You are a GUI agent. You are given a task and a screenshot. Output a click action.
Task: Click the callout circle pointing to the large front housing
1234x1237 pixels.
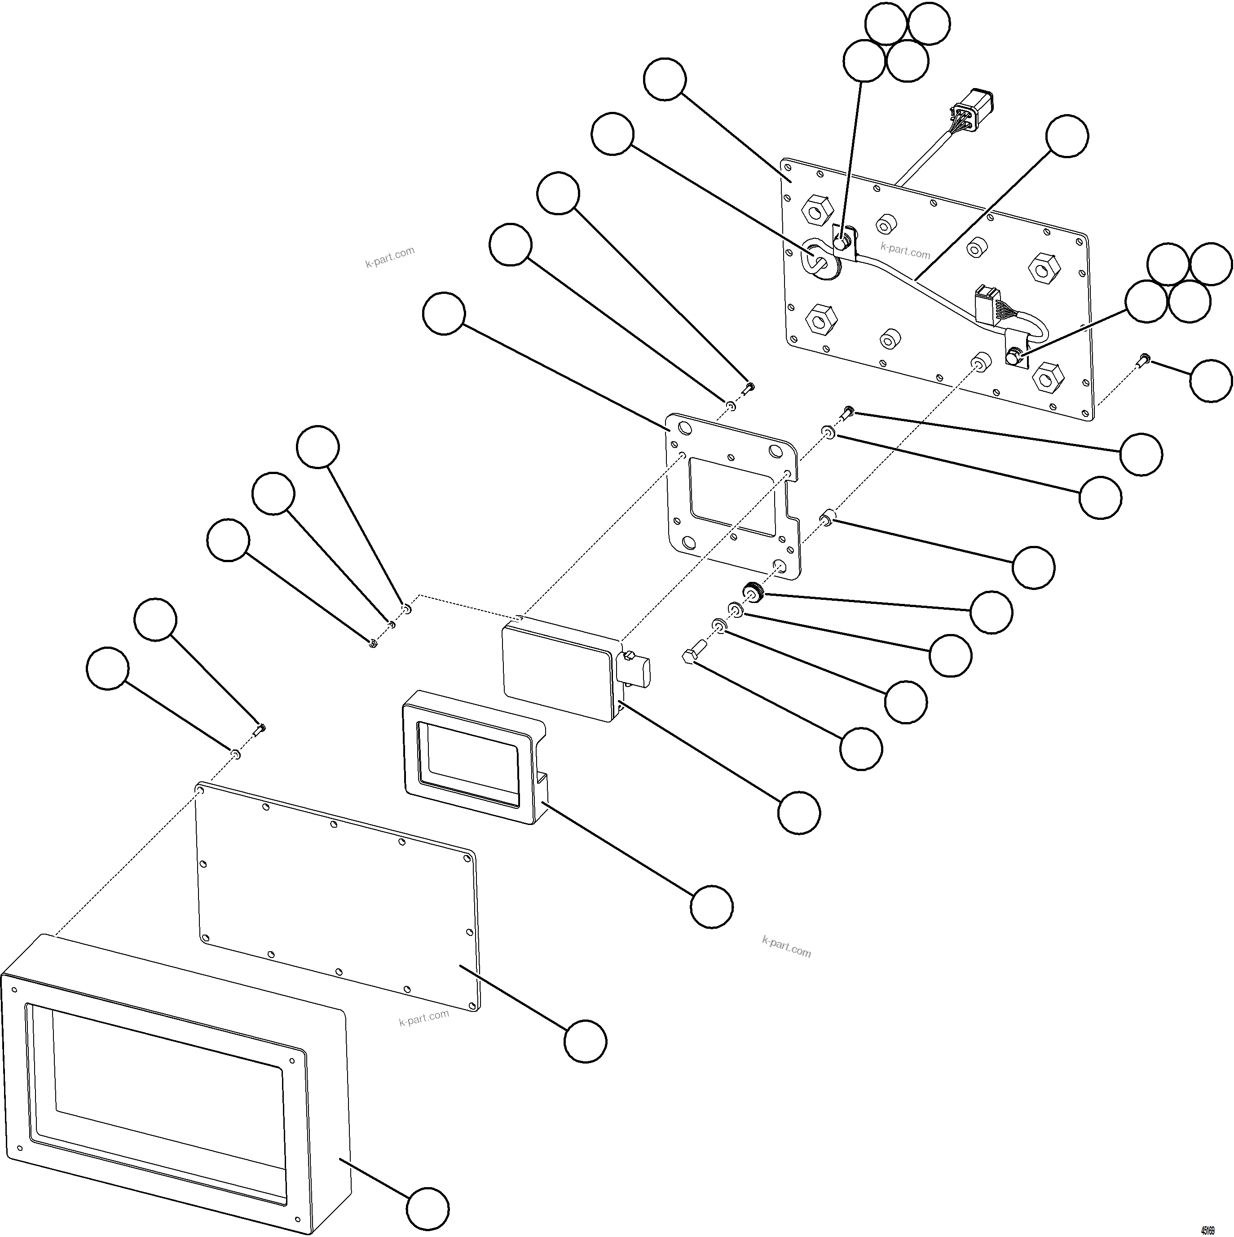[427, 1209]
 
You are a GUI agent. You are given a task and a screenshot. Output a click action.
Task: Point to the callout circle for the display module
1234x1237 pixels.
[799, 812]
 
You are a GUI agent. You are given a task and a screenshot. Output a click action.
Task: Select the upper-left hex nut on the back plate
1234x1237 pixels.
[817, 209]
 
